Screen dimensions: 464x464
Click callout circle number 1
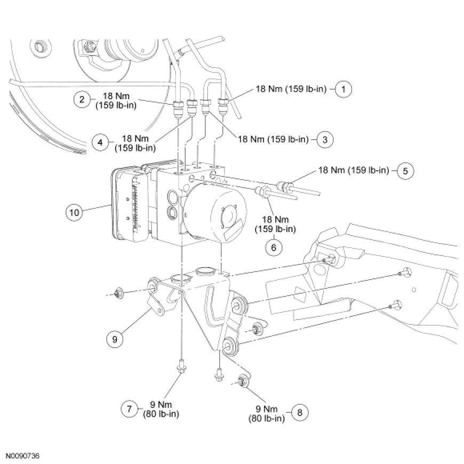[345, 88]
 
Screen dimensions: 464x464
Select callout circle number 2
[81, 100]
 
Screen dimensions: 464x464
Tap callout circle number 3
[324, 139]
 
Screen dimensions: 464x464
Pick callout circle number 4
[100, 142]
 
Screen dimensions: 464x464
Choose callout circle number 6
[274, 247]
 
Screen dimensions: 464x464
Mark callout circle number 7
[129, 409]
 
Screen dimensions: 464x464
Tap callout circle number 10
[74, 212]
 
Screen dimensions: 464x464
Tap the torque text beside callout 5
[357, 171]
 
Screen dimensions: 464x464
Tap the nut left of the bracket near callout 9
[118, 293]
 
